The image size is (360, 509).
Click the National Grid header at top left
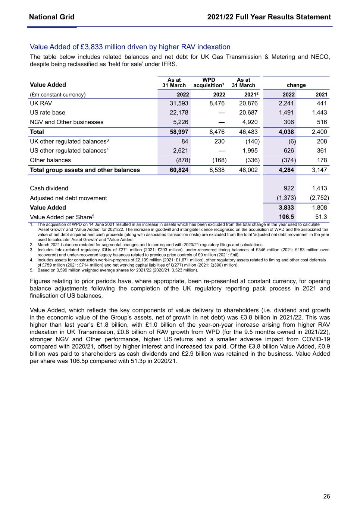tap(51, 17)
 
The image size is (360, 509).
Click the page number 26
tap(326, 496)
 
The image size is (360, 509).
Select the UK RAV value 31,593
tap(179, 103)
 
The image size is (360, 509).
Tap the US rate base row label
tap(47, 113)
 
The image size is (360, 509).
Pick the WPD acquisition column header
tap(209, 82)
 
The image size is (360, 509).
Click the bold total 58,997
tap(179, 132)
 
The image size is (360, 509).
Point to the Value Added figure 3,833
tap(286, 208)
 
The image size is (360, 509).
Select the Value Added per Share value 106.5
tap(287, 217)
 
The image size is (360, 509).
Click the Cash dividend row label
tap(49, 188)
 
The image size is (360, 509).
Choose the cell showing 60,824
tap(179, 170)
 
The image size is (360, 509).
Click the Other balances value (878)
tap(183, 160)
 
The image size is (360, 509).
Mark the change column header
tap(296, 85)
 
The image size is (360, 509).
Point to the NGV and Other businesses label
tap(66, 122)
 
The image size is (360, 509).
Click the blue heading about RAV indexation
tap(130, 47)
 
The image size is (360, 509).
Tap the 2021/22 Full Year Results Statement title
tap(269, 17)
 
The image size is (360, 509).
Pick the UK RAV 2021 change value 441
tap(322, 103)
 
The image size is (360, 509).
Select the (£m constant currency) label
tap(57, 95)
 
